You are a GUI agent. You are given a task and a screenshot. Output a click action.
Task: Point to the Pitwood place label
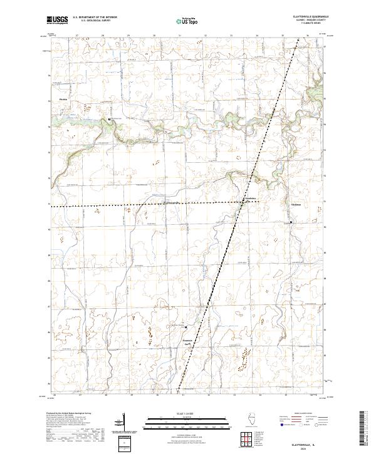click(x=63, y=99)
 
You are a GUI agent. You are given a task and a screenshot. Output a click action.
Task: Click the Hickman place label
click(x=296, y=205)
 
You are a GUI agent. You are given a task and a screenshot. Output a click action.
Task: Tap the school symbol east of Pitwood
click(x=109, y=119)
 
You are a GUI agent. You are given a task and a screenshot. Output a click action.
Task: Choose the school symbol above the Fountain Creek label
click(x=185, y=326)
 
